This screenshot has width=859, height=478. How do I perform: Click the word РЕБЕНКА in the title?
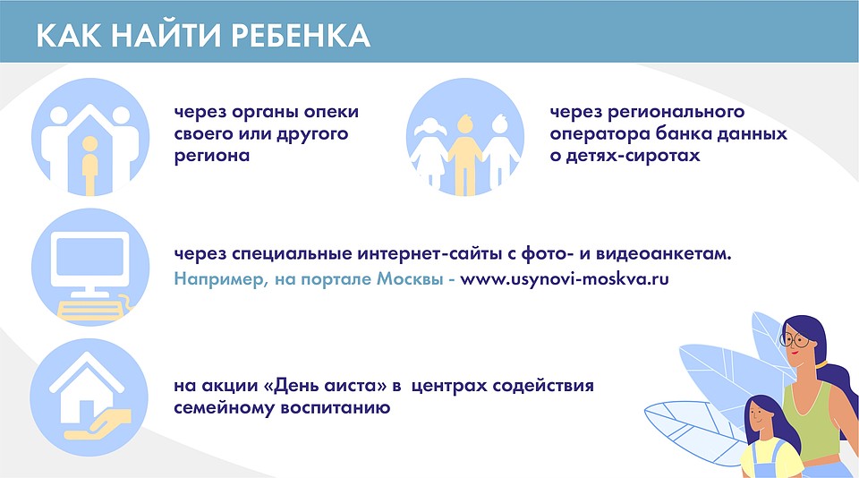[x=301, y=36]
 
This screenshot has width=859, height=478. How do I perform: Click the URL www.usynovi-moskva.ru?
[x=565, y=279]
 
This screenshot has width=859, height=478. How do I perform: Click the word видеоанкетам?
[x=663, y=254]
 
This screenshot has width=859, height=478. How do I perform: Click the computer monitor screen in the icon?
[x=89, y=258]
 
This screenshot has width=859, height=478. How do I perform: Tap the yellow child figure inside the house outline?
[x=89, y=166]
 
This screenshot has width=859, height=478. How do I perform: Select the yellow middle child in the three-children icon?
[x=465, y=156]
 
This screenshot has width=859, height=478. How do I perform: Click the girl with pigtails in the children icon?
[x=429, y=153]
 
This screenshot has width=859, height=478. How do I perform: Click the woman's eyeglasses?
[x=795, y=340]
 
